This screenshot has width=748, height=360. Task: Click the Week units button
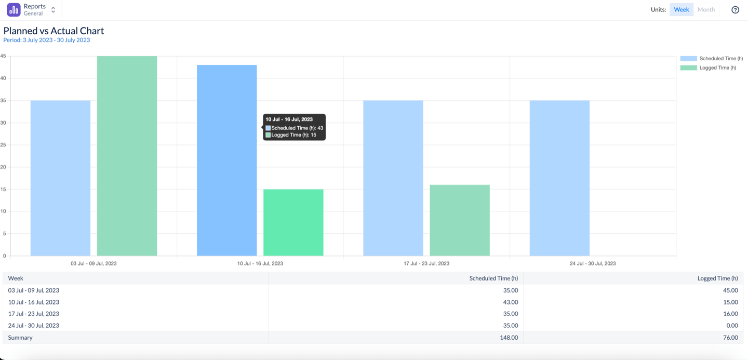(681, 9)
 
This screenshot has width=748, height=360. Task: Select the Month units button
(706, 9)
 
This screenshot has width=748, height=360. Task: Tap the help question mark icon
(735, 10)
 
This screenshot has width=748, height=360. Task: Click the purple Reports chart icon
(14, 9)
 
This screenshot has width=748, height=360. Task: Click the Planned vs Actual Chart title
(54, 31)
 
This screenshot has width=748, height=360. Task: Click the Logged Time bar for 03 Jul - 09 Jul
(127, 156)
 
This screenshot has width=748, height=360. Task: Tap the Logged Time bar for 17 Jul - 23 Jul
(460, 220)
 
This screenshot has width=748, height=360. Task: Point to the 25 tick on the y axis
(3, 145)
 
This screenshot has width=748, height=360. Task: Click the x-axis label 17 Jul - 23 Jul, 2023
(426, 263)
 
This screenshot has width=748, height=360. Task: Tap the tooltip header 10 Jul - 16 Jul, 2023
(289, 119)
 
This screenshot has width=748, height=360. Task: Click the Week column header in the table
(16, 278)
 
